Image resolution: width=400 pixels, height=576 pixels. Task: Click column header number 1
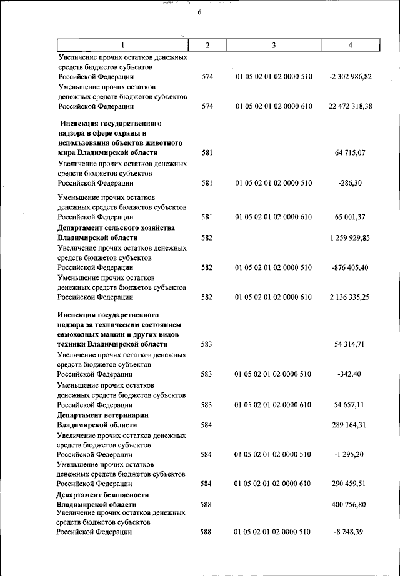pos(122,45)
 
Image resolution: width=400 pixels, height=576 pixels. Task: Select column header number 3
pos(273,45)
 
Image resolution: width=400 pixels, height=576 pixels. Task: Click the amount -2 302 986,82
pos(350,77)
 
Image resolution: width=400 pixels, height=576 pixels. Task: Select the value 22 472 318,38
pos(350,107)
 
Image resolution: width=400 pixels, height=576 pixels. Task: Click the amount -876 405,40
pos(350,267)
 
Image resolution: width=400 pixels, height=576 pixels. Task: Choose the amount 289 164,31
pos(350,425)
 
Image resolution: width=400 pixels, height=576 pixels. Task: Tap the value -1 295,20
pos(350,454)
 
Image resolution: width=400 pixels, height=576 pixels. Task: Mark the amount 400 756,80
pos(350,504)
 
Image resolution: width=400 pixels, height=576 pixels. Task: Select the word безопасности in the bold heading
pos(129,494)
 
